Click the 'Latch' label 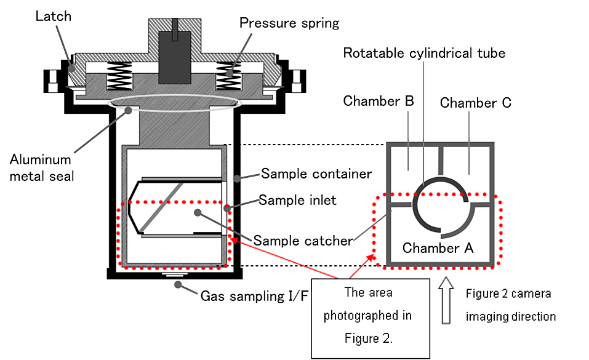pos(54,16)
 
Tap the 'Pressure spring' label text pos(289,23)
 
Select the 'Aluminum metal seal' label pos(41,167)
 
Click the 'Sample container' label pos(316,174)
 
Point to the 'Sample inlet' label pos(297,200)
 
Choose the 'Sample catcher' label pos(303,241)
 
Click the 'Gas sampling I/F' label pos(254,296)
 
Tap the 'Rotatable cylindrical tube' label pos(424,53)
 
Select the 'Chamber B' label pos(379,101)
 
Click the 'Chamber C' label pos(476,103)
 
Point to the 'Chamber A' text pos(438,248)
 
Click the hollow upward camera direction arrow pos(446,300)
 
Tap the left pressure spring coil pos(119,76)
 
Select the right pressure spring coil pos(228,76)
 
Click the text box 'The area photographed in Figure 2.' pos(371,318)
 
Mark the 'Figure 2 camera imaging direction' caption pos(511,305)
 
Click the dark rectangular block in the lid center pos(175,57)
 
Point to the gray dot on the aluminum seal pos(129,111)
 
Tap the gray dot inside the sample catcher pos(198,213)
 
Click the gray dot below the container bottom pos(178,285)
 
